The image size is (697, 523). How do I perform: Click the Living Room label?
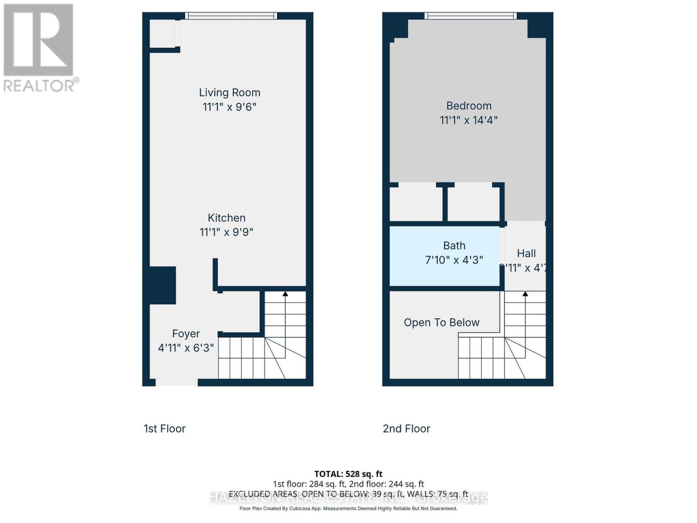230,92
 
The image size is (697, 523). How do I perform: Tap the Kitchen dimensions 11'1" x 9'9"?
227,232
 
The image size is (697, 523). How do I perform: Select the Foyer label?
186,333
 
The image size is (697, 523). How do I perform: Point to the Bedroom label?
469,106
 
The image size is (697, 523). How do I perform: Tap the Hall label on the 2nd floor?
526,253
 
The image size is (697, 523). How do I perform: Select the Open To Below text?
441,323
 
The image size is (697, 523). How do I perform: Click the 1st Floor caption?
165,428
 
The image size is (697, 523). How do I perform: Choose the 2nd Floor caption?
406,428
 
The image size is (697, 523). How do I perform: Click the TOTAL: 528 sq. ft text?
348,474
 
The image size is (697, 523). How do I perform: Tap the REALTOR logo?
39,48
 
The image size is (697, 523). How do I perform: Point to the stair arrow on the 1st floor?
285,294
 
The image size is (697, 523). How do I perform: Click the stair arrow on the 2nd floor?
525,294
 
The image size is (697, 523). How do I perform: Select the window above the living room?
231,16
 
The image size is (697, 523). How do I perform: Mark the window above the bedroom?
470,16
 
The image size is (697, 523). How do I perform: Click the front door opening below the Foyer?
176,383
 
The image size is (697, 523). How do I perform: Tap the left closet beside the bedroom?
416,204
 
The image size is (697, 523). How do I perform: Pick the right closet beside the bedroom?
474,204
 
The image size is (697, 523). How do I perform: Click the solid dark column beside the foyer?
162,285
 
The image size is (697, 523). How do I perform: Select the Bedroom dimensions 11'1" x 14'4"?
469,120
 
